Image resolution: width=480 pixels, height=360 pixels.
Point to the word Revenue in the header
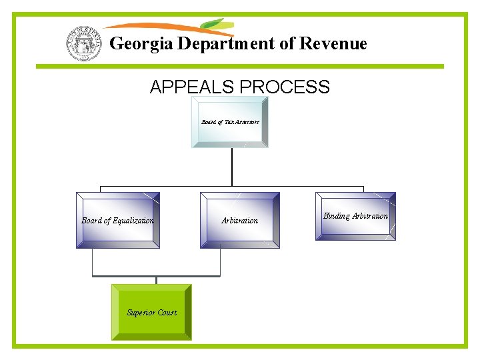[333, 44]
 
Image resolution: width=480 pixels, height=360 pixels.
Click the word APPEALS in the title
[191, 87]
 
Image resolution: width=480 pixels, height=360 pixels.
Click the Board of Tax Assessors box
[230, 122]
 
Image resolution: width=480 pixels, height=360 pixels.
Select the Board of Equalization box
[118, 220]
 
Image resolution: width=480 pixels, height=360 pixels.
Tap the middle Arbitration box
[239, 220]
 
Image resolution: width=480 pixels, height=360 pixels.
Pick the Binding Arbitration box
[355, 216]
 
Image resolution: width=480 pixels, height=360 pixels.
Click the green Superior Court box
[151, 312]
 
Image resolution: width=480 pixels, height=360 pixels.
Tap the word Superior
[141, 312]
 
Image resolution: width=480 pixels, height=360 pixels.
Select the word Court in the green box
[167, 312]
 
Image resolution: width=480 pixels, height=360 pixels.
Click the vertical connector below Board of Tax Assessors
[231, 167]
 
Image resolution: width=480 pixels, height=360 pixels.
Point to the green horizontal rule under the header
[239, 66]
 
